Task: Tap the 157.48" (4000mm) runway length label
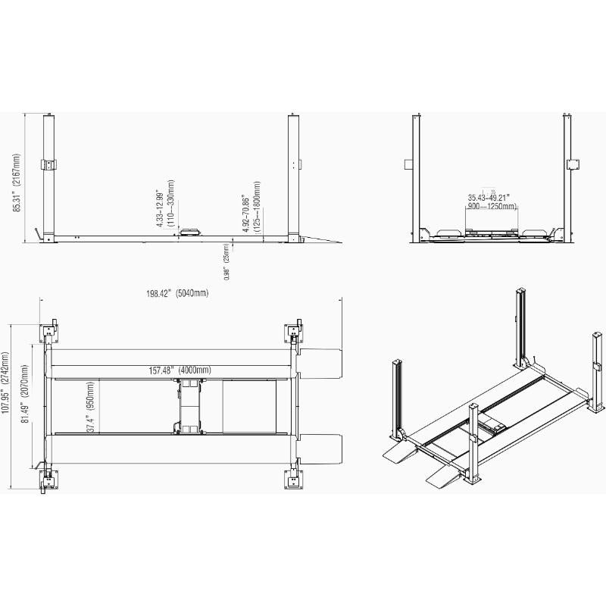tap(180, 370)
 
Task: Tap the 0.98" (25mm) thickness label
tap(225, 262)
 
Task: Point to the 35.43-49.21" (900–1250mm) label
tap(492, 201)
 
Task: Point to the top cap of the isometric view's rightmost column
tap(596, 334)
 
